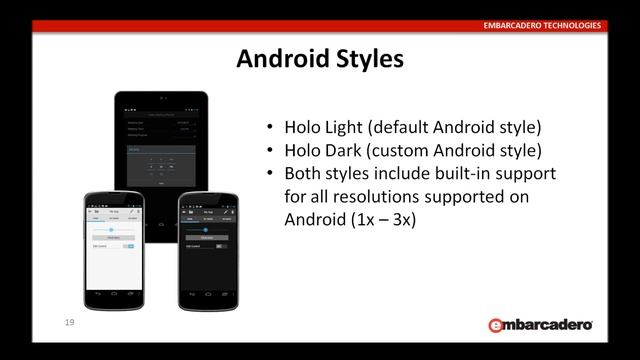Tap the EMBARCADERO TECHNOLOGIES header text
543,25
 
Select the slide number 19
69,322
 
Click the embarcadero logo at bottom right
540,325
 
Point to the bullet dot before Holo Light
271,129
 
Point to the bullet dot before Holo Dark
271,152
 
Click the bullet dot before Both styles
271,174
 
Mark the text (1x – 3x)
383,219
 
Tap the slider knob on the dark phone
206,229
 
